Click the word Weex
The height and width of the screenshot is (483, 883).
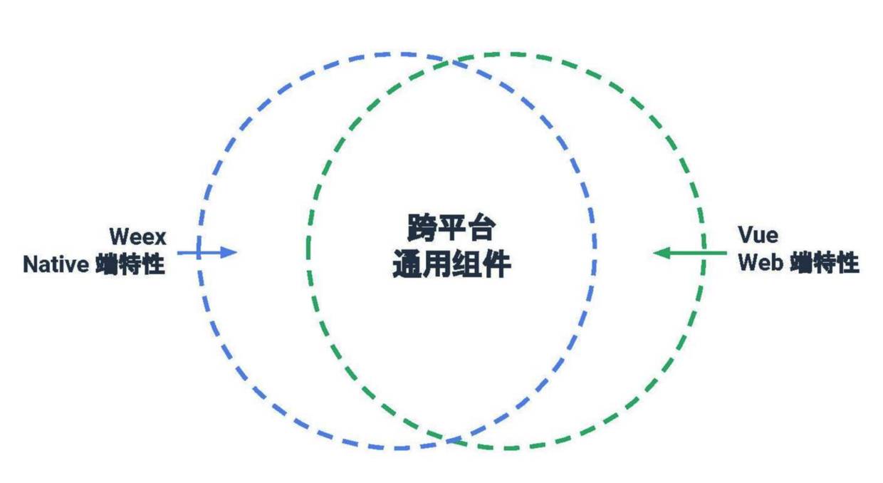tap(137, 237)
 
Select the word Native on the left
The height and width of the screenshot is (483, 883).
tap(56, 265)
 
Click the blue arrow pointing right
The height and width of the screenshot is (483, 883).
tap(207, 252)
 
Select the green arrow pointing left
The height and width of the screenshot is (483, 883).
tap(680, 252)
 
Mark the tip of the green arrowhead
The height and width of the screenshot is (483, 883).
tap(653, 252)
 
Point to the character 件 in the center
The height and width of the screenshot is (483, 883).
tap(496, 264)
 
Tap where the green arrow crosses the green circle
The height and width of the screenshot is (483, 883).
tap(704, 252)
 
